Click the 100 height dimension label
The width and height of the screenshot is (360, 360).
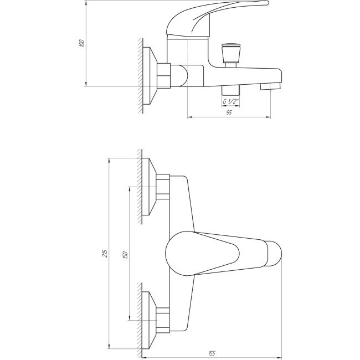pyautogui.click(x=82, y=43)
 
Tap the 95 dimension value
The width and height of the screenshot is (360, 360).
pyautogui.click(x=229, y=113)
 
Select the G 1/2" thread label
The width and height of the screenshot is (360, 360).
pyautogui.click(x=231, y=101)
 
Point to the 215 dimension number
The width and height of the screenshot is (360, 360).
pyautogui.click(x=105, y=253)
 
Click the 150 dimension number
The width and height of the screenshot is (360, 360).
pyautogui.click(x=125, y=255)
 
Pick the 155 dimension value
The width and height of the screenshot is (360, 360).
pyautogui.click(x=212, y=353)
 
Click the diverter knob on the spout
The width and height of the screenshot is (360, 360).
pyautogui.click(x=230, y=53)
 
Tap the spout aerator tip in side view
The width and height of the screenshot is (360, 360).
pyautogui.click(x=270, y=86)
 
